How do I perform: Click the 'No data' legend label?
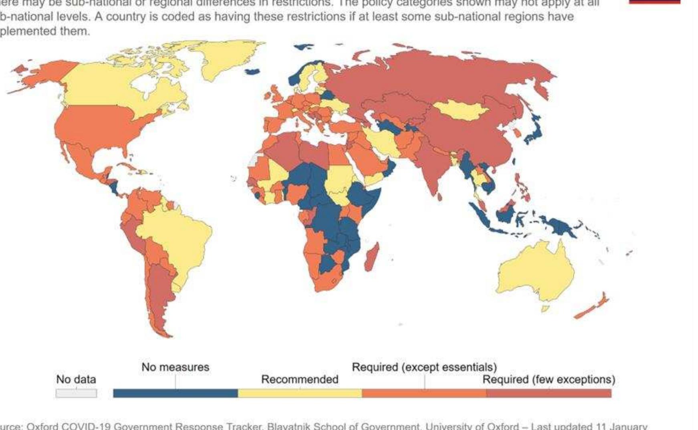coord(76,379)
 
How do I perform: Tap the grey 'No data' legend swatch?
coord(76,394)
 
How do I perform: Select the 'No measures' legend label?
coord(175,367)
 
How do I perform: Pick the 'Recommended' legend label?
coord(300,379)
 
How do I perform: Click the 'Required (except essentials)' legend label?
coord(424,367)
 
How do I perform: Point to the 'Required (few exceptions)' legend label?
coord(549,379)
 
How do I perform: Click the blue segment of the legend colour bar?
coord(176,394)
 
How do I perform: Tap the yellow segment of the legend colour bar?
coord(300,394)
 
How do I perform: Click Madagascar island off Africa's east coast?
coord(371,257)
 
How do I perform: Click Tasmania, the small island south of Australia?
coord(545,309)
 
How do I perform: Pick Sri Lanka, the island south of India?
coord(440,197)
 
